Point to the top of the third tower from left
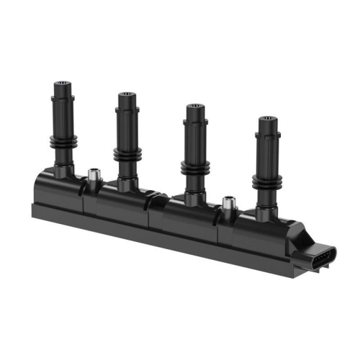[x=194, y=108]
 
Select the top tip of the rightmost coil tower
[x=268, y=120]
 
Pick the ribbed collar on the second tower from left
[x=127, y=153]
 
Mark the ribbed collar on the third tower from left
[x=193, y=167]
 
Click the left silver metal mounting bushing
[x=92, y=175]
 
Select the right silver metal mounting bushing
[x=229, y=204]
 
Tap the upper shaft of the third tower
[x=194, y=133]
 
